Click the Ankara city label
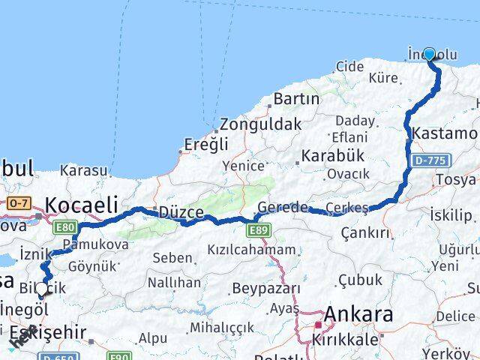click(358, 314)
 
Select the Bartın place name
click(297, 98)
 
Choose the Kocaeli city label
click(82, 204)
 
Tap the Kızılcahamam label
click(252, 248)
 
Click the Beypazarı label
click(266, 288)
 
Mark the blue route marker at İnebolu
click(430, 53)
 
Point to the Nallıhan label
click(174, 283)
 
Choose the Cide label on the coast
click(349, 67)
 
